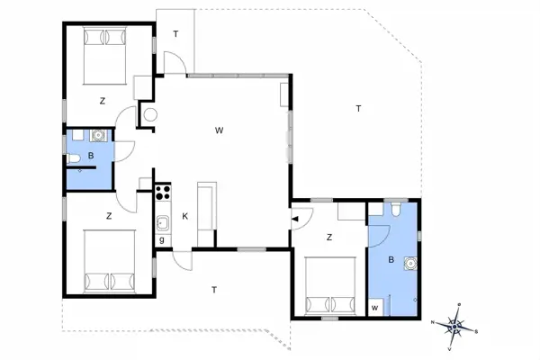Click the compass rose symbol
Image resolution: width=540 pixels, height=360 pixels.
click(x=456, y=325)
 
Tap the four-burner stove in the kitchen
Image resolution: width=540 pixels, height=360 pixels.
click(x=163, y=191)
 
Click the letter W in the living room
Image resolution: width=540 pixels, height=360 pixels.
click(x=219, y=130)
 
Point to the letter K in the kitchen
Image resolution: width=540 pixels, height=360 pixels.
click(x=184, y=217)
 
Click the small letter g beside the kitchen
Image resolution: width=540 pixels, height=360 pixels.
click(x=162, y=239)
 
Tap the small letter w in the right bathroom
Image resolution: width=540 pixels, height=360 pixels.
click(x=375, y=307)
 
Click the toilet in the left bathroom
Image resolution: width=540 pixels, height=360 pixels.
click(x=73, y=160)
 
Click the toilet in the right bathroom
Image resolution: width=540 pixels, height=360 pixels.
click(x=396, y=211)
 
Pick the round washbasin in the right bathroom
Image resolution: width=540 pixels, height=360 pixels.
click(x=411, y=264)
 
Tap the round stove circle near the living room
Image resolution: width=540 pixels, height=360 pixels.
click(x=149, y=115)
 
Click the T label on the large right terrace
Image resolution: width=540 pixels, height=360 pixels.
click(x=358, y=109)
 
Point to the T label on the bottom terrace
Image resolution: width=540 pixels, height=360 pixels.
click(x=213, y=289)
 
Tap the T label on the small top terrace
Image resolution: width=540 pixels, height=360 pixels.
click(x=175, y=34)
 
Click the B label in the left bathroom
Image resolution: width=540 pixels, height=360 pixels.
click(x=91, y=156)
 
